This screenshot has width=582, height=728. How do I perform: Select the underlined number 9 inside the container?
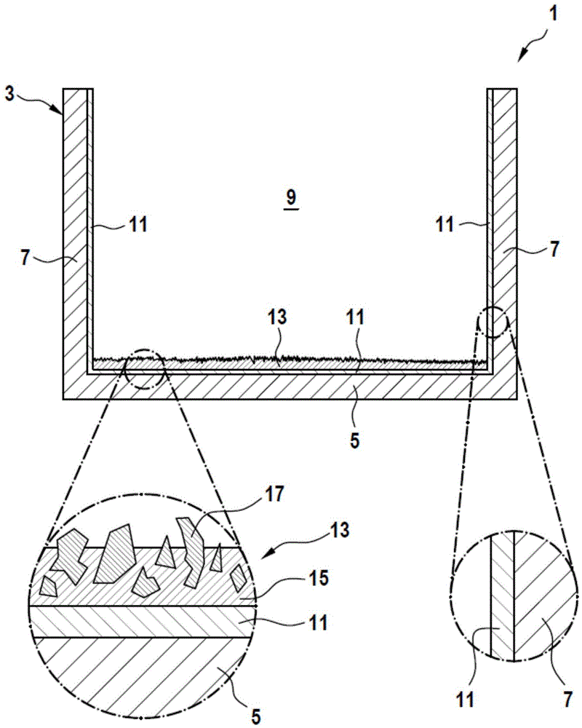point(291,196)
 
